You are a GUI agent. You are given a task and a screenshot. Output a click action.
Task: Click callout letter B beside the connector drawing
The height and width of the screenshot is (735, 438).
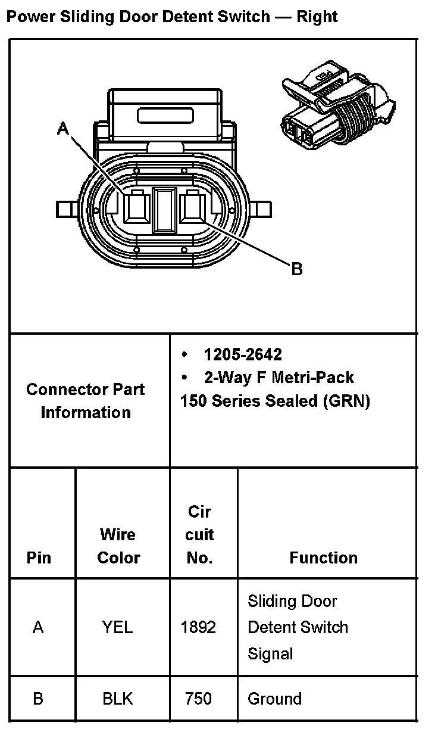click(x=296, y=269)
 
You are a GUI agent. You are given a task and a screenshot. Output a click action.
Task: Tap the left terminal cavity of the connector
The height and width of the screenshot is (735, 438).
click(x=136, y=207)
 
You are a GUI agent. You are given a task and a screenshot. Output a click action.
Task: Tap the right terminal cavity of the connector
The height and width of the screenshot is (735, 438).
click(x=192, y=207)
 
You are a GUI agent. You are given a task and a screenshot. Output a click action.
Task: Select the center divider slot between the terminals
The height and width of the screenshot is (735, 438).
click(x=164, y=209)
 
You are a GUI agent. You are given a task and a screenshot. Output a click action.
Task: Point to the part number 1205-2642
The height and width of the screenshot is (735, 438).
click(x=243, y=355)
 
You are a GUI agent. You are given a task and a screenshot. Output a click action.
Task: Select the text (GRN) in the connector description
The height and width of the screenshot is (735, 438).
click(x=346, y=401)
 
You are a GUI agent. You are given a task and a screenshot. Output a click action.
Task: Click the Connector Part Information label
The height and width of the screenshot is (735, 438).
click(x=86, y=401)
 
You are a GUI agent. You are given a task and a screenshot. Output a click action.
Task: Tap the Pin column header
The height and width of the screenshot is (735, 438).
click(x=39, y=558)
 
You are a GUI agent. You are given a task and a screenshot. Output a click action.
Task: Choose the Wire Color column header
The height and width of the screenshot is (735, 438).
click(x=118, y=546)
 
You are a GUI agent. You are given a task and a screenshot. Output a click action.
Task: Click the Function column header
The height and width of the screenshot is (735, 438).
click(x=323, y=558)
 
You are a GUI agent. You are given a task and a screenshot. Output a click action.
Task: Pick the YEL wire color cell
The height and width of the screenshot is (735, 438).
click(x=118, y=627)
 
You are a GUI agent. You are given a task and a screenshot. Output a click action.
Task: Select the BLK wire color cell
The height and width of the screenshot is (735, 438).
click(x=118, y=699)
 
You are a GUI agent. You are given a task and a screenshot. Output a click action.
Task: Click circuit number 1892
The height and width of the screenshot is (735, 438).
click(x=198, y=627)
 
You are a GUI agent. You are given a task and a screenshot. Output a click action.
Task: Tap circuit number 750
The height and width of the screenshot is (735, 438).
click(x=198, y=699)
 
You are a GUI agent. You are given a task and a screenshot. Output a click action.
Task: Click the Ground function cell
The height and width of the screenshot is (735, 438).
click(x=274, y=699)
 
